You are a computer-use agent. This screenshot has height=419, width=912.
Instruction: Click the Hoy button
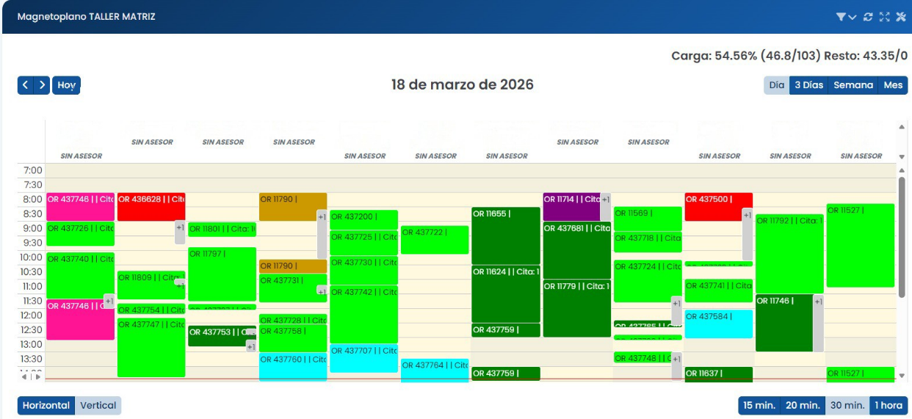(x=67, y=85)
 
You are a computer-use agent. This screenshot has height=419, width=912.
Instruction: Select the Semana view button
(x=853, y=85)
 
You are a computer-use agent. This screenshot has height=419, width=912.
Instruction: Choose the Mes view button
(x=893, y=85)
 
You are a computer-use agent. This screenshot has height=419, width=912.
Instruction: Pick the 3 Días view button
(x=808, y=85)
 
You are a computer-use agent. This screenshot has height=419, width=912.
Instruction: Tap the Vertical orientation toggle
(x=98, y=405)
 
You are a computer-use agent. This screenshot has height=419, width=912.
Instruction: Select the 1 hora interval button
(x=889, y=405)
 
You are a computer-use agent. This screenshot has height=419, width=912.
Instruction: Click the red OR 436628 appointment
(x=151, y=207)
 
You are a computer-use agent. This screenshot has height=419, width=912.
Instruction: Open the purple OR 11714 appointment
(x=571, y=207)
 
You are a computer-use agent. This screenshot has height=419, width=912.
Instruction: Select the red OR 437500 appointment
(x=718, y=207)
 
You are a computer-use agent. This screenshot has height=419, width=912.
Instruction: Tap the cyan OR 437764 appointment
(x=435, y=371)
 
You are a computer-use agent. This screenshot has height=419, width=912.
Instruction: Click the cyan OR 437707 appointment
(x=363, y=358)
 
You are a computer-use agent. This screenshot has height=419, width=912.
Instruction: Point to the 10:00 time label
(x=31, y=258)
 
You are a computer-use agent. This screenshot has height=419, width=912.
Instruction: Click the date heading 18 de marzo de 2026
(x=463, y=85)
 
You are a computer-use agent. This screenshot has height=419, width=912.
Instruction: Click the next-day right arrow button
(x=43, y=85)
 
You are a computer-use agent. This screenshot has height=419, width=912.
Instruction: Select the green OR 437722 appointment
(x=435, y=240)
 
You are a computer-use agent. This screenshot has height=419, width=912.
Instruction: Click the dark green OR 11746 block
(x=783, y=323)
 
